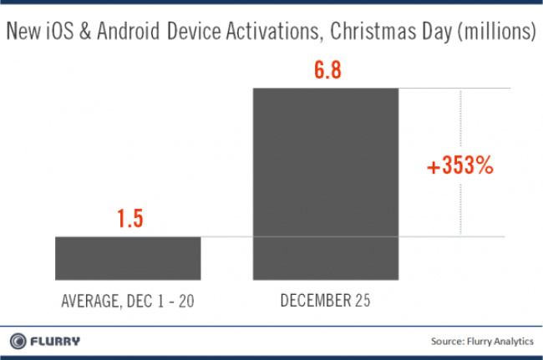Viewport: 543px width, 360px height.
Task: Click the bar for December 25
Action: (326, 183)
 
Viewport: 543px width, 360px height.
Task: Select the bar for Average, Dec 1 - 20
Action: (128, 258)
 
